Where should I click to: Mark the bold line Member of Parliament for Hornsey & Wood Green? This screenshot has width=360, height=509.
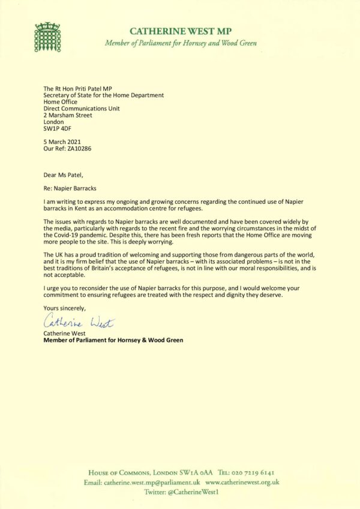click(113, 340)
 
